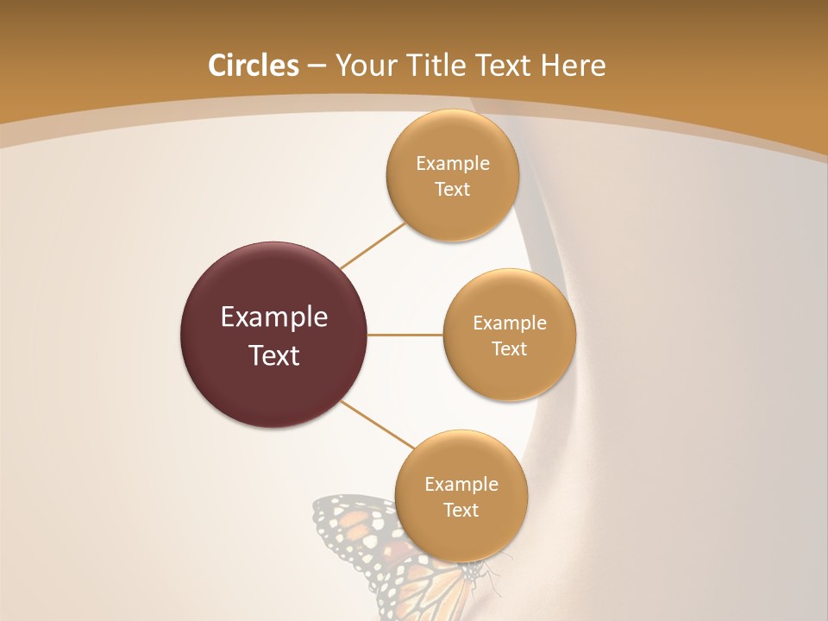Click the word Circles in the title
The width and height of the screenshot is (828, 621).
point(253,66)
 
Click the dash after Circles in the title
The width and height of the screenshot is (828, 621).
point(317,66)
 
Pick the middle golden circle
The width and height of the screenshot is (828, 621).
point(509,375)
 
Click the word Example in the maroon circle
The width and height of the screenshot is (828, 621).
point(273,317)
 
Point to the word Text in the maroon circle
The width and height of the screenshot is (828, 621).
point(273,355)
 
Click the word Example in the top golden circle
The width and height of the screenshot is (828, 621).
point(452,164)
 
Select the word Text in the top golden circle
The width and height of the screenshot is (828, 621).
point(452,190)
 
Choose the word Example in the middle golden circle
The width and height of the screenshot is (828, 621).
point(509,323)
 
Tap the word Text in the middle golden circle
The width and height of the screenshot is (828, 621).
point(509,349)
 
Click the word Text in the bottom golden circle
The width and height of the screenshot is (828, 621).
point(461,511)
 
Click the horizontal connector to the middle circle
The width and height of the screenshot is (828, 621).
point(405,335)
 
